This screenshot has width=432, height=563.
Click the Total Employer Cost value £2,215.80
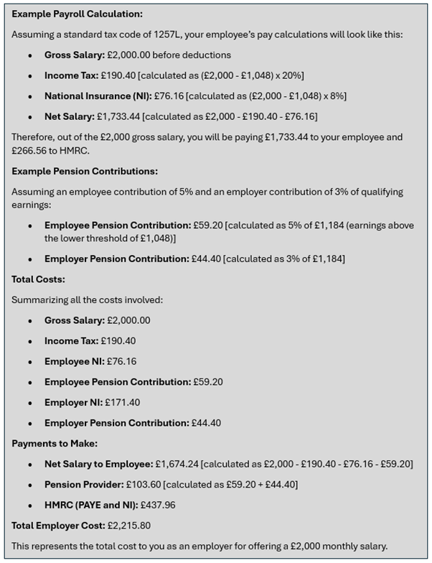click(128, 525)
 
